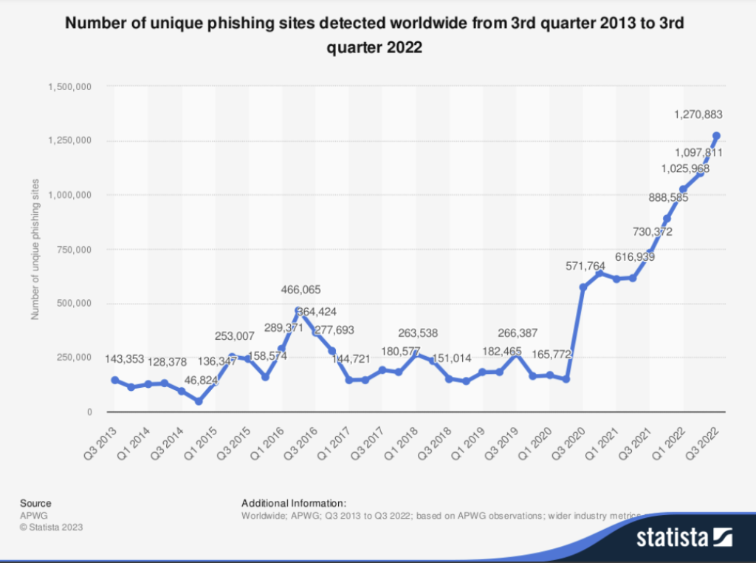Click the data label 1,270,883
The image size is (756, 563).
click(x=698, y=115)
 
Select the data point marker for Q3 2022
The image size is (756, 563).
click(x=716, y=136)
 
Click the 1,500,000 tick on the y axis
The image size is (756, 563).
click(x=69, y=87)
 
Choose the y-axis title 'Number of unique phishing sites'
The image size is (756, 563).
click(x=35, y=249)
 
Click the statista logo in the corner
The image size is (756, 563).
click(x=684, y=536)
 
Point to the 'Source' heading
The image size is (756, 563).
click(x=35, y=503)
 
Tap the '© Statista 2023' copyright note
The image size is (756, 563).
click(x=51, y=528)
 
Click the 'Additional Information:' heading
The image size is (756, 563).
click(x=294, y=503)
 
